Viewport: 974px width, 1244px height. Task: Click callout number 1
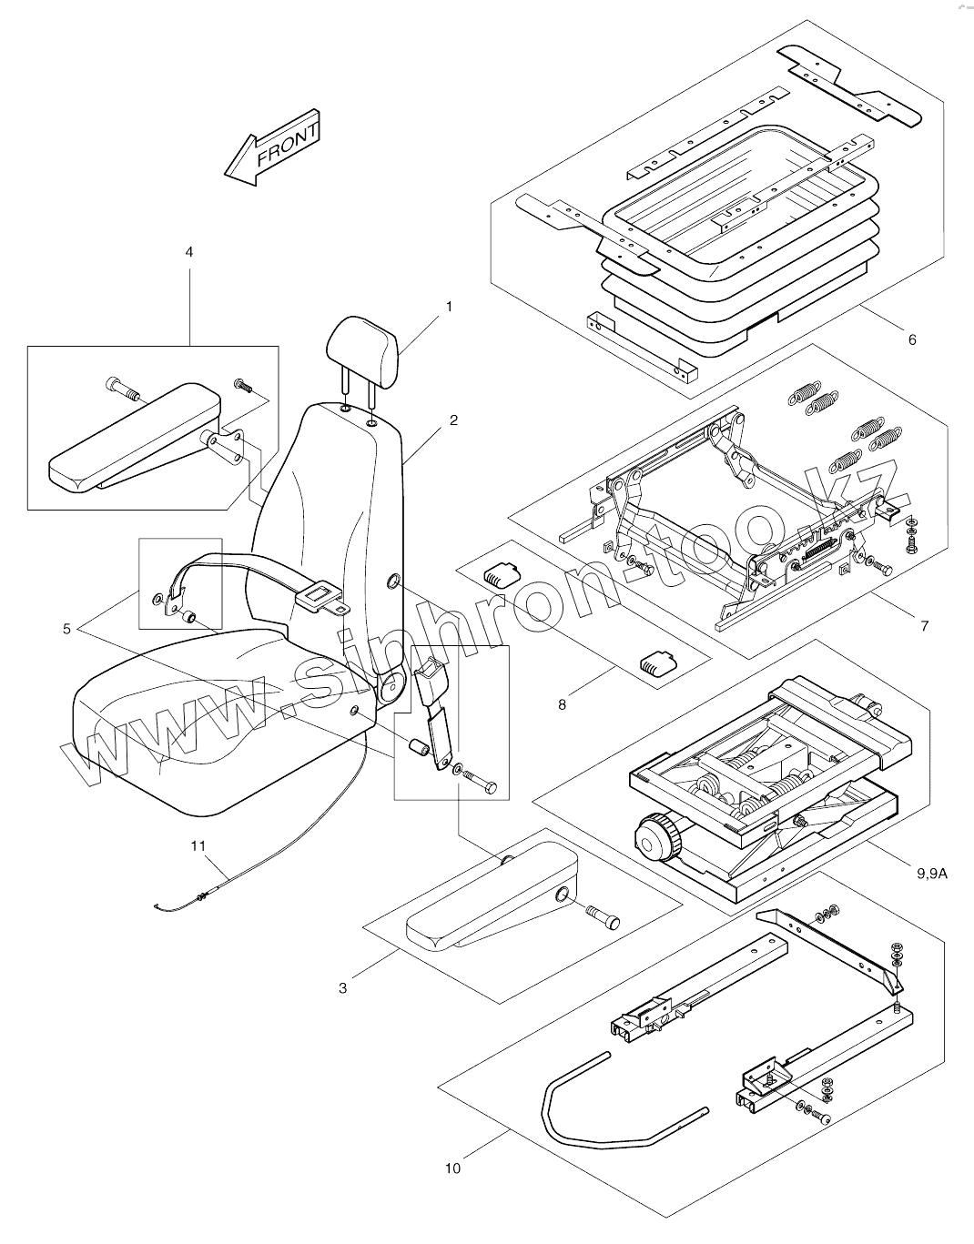click(448, 308)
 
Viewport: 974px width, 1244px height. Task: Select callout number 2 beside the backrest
click(453, 420)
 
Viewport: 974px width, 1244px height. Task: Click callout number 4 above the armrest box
click(189, 251)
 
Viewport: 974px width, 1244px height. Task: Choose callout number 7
click(925, 626)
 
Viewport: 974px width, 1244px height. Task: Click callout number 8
click(563, 703)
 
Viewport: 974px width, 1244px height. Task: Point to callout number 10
click(453, 1168)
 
